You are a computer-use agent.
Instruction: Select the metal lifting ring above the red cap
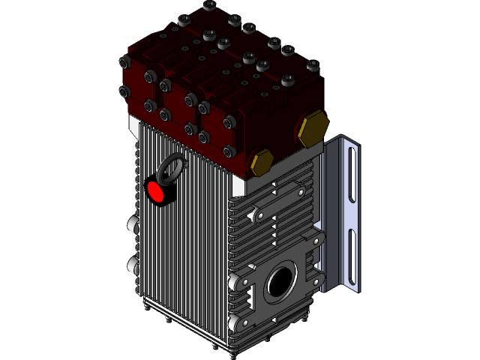[x=172, y=167]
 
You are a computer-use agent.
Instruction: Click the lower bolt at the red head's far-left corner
[x=124, y=91]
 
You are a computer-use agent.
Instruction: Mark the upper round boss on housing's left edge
[x=133, y=224]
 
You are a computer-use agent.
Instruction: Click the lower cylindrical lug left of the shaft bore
[x=234, y=322]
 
